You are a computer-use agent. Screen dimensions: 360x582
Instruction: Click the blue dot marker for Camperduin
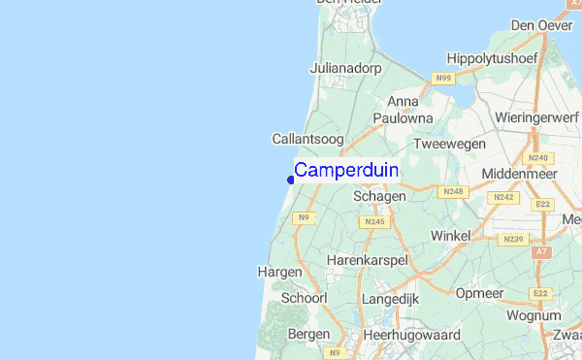coord(291,179)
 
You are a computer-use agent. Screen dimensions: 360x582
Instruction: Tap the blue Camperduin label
coord(345,170)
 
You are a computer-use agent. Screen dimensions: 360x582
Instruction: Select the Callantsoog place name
coord(307,140)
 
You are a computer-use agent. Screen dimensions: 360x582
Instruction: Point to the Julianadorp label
coord(344,69)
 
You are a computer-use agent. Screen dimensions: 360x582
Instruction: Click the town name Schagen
coord(378,196)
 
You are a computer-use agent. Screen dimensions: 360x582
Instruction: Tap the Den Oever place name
coord(541,25)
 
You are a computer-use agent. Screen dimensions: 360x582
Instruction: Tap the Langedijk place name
coord(390,300)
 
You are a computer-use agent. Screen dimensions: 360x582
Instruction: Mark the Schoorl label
coord(304,299)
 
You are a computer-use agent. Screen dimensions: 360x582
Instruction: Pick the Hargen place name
coord(280,273)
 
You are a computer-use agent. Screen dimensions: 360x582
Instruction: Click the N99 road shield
coord(443,77)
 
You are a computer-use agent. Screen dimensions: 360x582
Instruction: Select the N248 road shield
coord(453,192)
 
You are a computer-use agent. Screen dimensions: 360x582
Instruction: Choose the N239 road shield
coord(512,239)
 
